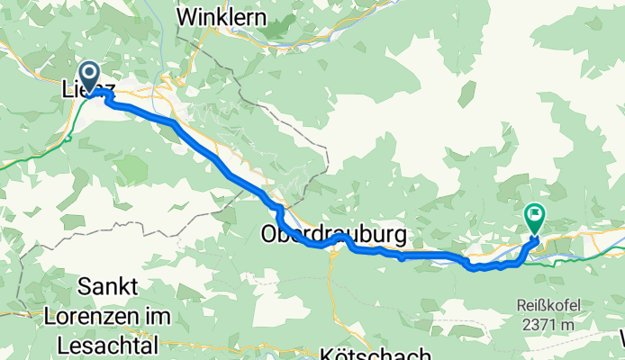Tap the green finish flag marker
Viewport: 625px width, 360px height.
coord(534,217)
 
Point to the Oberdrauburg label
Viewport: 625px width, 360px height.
coord(333,235)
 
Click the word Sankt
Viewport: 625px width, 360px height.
coord(107,287)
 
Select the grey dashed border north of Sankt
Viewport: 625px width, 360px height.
coord(117,235)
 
